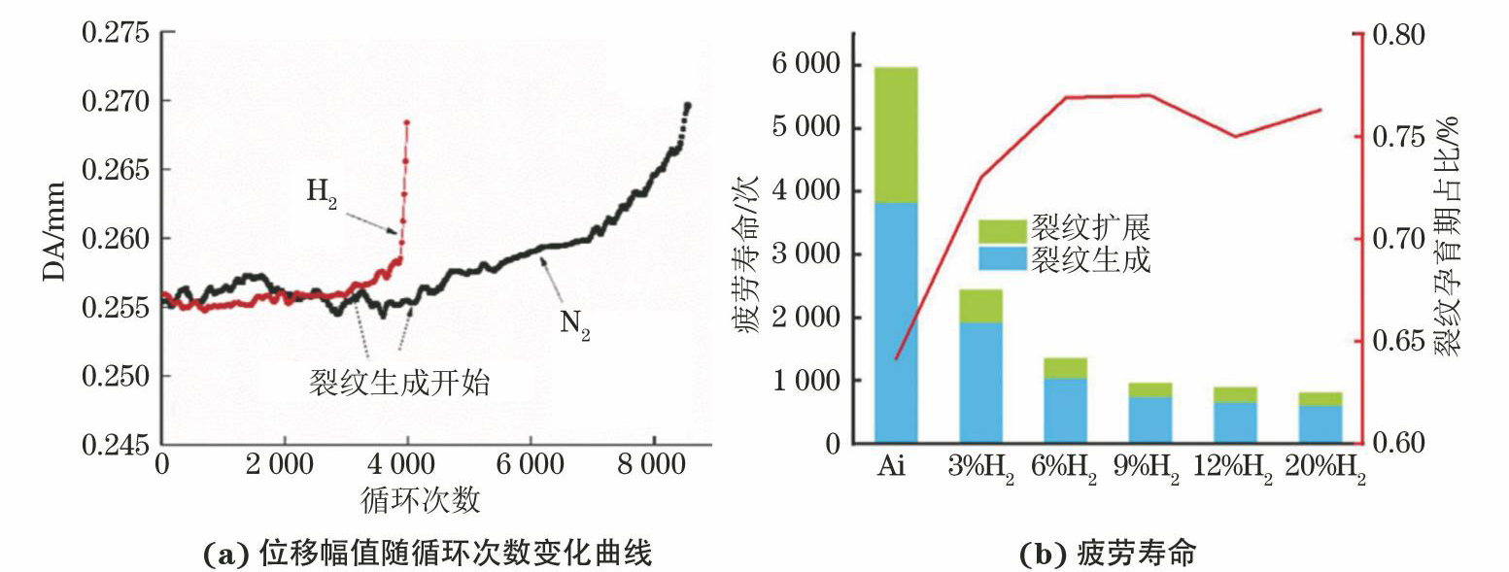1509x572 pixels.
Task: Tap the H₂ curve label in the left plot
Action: [x=322, y=191]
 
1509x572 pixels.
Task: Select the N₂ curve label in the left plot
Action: [x=574, y=327]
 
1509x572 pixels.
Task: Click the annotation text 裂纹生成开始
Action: [x=398, y=383]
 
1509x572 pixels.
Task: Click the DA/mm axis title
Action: [x=55, y=233]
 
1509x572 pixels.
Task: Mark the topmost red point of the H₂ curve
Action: [x=407, y=122]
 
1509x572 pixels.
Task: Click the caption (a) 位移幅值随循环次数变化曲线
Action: [x=425, y=555]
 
